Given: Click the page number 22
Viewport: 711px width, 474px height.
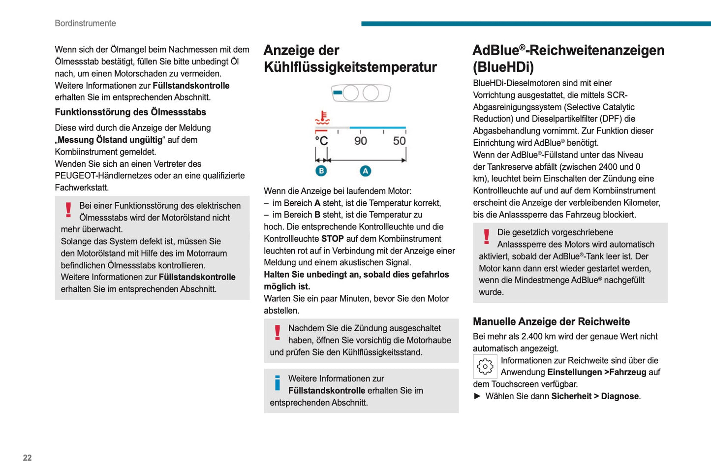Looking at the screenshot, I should pos(27,458).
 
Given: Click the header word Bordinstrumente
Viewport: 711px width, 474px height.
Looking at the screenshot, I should pos(85,23).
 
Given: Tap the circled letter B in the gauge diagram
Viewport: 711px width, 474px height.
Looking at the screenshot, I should pos(321,171).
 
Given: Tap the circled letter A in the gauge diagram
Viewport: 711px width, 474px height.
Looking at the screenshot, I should pos(365,171).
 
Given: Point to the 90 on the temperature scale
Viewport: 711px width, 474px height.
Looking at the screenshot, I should pos(361,141).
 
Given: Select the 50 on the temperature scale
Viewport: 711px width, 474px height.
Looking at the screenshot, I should pos(399,141).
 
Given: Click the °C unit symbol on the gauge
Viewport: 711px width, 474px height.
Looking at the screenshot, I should pos(321,141).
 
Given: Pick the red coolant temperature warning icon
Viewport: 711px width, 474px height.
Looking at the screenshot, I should pos(322,118).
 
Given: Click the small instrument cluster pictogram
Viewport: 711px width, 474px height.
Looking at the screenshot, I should pos(361,93).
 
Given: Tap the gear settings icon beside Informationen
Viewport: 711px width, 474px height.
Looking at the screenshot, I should pos(485,366).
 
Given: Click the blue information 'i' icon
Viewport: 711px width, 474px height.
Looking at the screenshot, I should pos(278,382).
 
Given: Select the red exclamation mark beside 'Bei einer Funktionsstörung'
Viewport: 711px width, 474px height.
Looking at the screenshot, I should pos(68,210).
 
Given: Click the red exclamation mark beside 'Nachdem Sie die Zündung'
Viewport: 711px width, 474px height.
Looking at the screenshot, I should pos(278,332).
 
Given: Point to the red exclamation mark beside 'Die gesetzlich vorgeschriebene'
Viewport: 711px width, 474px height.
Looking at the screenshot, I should pos(487,236).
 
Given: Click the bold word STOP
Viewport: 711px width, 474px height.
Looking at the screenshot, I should pos(333,239).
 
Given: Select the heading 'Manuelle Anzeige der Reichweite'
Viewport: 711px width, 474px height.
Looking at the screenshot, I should pos(551,322).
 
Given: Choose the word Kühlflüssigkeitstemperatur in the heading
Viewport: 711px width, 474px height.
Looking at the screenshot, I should pos(350,67).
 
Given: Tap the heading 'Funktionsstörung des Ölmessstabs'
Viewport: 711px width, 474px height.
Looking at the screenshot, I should pos(130,112).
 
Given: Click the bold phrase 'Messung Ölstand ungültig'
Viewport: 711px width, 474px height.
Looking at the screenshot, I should pos(110,140).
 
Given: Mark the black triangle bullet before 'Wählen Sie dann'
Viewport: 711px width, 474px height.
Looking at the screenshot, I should pos(477,396).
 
